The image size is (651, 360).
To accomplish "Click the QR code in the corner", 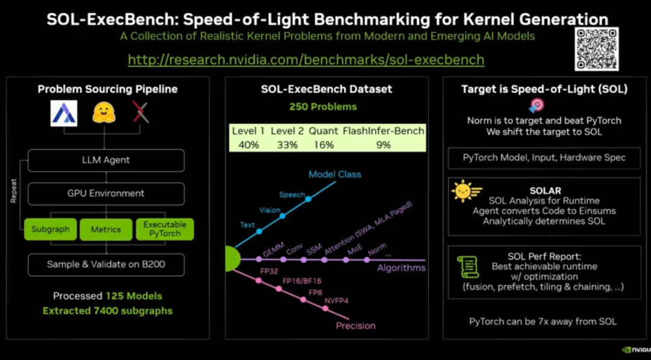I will (x=597, y=49).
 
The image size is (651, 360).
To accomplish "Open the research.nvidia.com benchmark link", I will (x=306, y=60).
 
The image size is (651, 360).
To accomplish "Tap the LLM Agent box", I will (x=106, y=160).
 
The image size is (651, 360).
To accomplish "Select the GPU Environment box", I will (x=106, y=194).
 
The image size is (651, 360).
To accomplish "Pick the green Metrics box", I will (x=105, y=229).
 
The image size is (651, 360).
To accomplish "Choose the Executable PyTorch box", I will (x=165, y=229).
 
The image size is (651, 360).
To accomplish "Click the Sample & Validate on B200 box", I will (x=106, y=264).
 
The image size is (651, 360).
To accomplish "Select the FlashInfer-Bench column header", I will (x=383, y=131).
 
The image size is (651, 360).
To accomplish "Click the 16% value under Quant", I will (x=324, y=144).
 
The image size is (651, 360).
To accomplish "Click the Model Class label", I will (x=335, y=174).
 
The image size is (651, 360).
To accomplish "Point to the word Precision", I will (x=355, y=326).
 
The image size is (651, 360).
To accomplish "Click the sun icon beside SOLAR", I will (x=463, y=191).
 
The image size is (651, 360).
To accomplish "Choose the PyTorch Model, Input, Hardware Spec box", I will (x=544, y=157).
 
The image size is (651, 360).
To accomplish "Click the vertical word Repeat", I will (x=14, y=189).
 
